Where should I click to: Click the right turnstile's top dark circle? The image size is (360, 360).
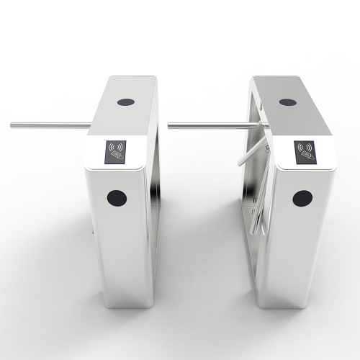coord(287,102)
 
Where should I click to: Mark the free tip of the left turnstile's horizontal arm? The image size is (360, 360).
coord(12,125)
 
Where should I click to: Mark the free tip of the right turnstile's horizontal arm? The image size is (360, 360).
coord(170,125)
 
